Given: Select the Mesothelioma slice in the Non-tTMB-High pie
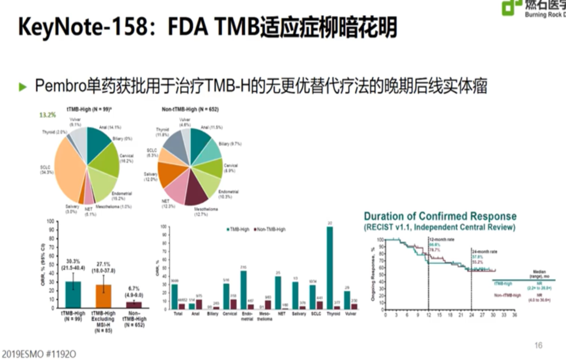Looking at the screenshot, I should (195, 192).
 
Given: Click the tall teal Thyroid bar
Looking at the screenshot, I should (330, 267).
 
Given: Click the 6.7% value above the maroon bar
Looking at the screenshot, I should (134, 288).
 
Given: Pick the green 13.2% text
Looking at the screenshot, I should (47, 115).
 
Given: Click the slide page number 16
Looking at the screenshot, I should (538, 345).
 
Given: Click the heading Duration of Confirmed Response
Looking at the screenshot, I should (440, 216).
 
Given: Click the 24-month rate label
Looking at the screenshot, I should (484, 252).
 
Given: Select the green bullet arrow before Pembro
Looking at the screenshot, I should (22, 87).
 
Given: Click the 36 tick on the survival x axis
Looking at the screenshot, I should (514, 315).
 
